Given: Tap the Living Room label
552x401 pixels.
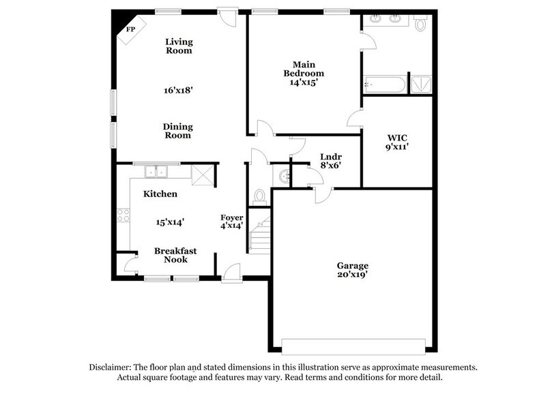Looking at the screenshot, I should point(179,46).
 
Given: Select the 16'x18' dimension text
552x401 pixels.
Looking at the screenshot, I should point(179,89).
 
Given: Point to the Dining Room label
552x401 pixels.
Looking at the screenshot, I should point(177,130).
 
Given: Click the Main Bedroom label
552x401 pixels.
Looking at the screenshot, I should point(304,69).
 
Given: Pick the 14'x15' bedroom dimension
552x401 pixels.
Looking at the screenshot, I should point(304,82).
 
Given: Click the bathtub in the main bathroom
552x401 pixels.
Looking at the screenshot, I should point(384,85).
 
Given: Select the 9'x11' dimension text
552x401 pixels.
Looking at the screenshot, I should point(397,145).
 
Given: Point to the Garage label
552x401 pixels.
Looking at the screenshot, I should point(353,265).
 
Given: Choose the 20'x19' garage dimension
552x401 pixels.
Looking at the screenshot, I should point(353,276).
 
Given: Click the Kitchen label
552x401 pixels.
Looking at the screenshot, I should point(160,194).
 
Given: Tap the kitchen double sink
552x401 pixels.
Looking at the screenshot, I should point(156,172).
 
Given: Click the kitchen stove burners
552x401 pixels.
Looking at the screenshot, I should point(124,216).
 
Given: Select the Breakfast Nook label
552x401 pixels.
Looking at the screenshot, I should point(175,255).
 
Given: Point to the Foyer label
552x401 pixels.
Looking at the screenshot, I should point(231,218).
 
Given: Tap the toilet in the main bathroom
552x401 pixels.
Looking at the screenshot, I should point(420,25).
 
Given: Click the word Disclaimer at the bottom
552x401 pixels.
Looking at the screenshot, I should point(113,367).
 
